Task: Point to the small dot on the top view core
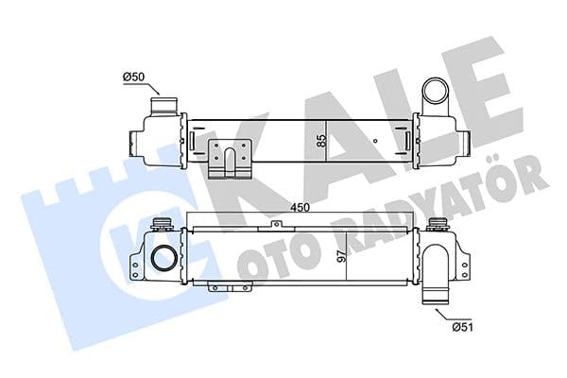(376, 143)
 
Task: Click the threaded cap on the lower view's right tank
(437, 225)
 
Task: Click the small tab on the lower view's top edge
(275, 225)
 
